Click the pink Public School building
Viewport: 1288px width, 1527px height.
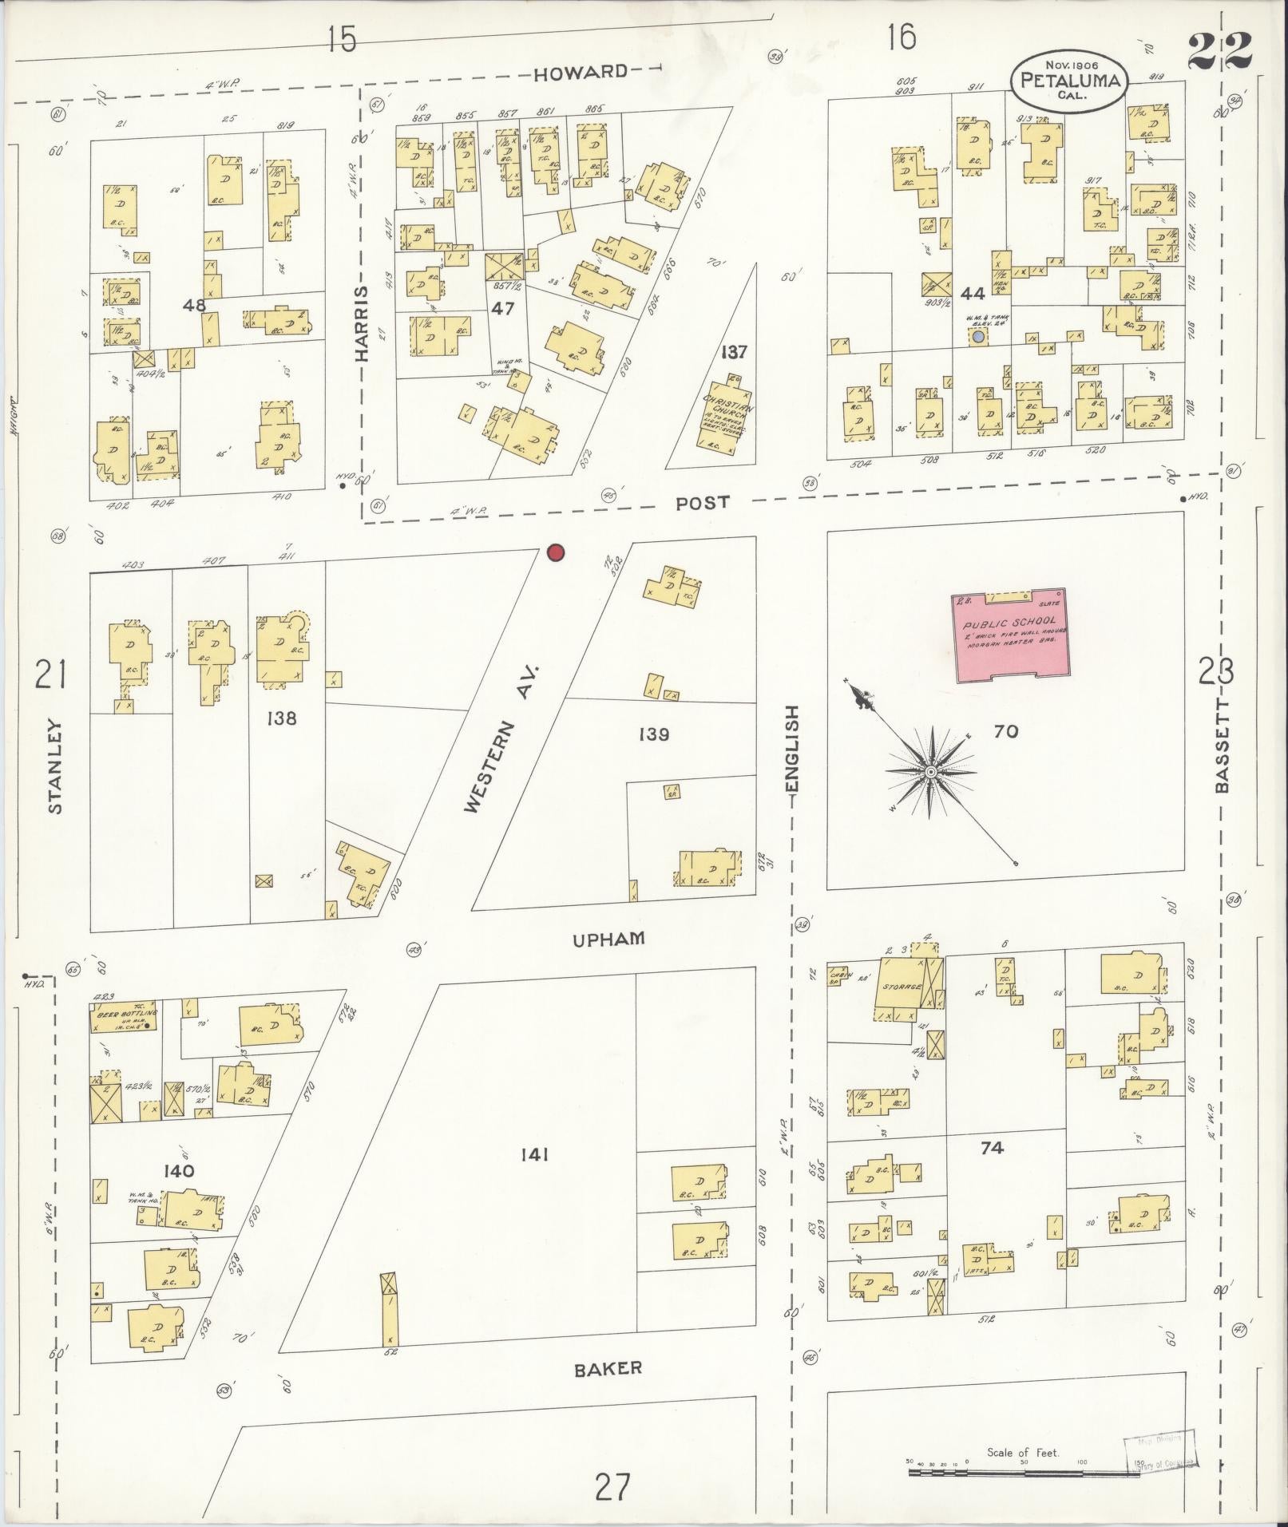1009,636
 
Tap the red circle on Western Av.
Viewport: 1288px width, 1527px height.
556,552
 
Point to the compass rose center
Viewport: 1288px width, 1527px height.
930,773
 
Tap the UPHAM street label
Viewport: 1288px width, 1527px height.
608,940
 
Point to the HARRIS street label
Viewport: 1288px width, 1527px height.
363,323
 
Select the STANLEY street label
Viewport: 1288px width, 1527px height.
54,766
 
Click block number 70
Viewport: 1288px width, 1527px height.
1006,731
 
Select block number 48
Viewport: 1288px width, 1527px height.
194,305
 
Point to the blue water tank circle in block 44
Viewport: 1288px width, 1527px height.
977,338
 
